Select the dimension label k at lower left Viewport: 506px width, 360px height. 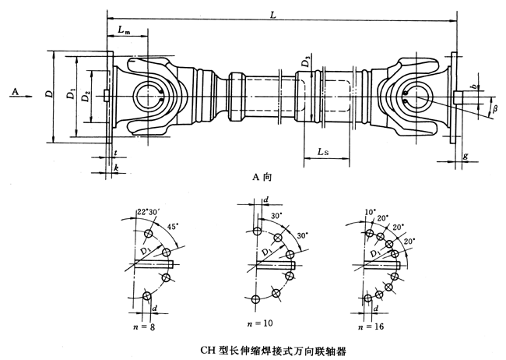pyautogui.click(x=116, y=168)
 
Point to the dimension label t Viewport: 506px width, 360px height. pyautogui.click(x=114, y=154)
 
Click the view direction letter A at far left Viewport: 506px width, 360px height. pyautogui.click(x=16, y=91)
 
